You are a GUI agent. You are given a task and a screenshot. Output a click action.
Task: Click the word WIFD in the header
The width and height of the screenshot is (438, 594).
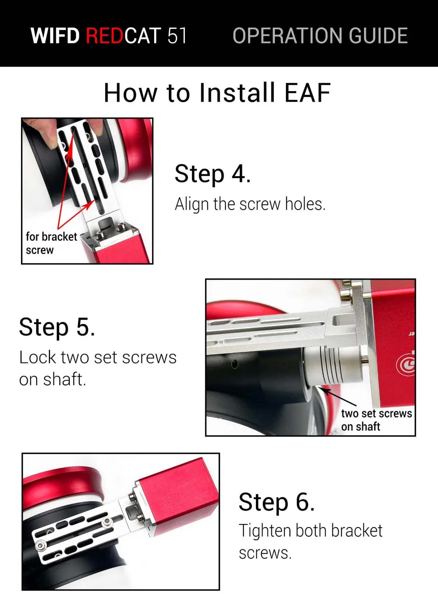coord(55,35)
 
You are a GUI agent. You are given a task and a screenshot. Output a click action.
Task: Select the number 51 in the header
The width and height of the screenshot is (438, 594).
coord(177,35)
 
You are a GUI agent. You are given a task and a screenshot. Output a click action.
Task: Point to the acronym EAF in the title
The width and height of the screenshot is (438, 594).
coord(307,93)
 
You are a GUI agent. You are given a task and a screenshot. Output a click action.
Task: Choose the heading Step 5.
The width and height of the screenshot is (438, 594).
coord(57,327)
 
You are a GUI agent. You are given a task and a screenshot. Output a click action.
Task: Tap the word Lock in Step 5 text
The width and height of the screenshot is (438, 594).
coord(38,358)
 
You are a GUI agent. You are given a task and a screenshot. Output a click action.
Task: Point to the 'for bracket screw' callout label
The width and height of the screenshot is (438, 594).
coord(51,243)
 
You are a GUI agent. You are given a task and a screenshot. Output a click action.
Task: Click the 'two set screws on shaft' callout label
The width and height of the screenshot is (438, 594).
coord(377,420)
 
